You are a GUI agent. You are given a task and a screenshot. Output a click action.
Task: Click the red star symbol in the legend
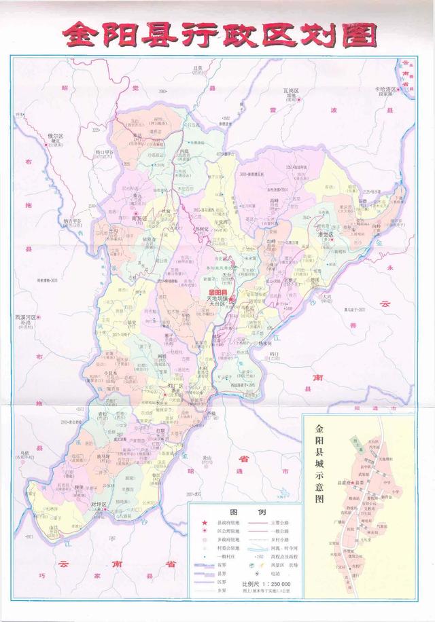pos(202,520)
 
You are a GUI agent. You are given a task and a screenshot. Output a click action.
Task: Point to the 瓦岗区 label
pos(292,90)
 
